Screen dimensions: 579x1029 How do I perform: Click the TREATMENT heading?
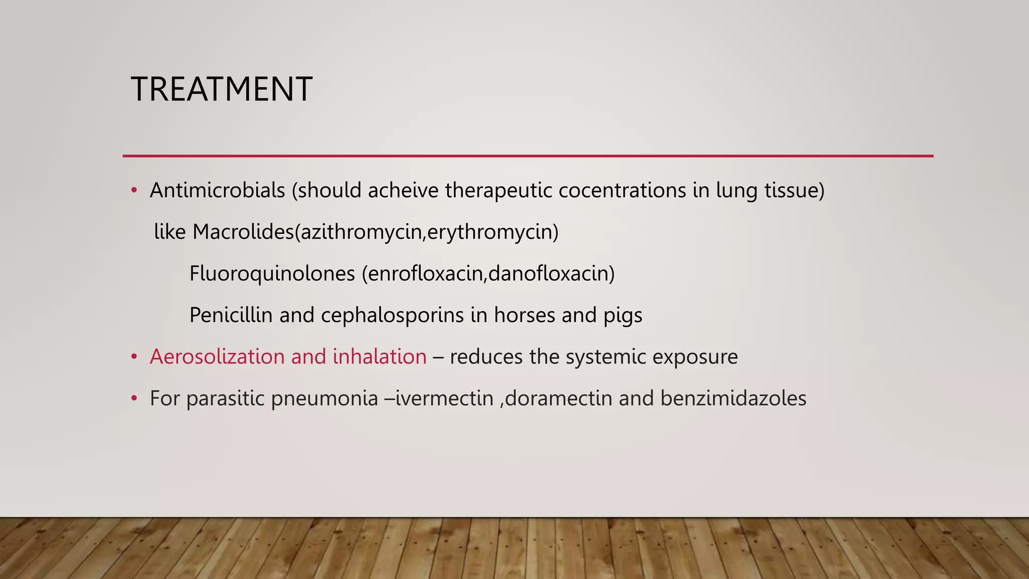(x=222, y=89)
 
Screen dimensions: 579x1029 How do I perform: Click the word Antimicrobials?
(x=217, y=190)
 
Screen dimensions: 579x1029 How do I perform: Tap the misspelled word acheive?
(x=403, y=190)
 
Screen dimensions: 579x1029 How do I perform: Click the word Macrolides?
(x=243, y=232)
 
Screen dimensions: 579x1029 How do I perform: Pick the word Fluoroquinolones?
(x=272, y=274)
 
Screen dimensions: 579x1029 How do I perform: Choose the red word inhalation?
(x=379, y=357)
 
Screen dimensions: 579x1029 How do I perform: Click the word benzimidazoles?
(x=733, y=399)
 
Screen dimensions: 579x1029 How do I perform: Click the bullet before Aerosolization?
(x=134, y=357)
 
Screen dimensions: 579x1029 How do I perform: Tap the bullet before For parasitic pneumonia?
(x=134, y=399)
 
